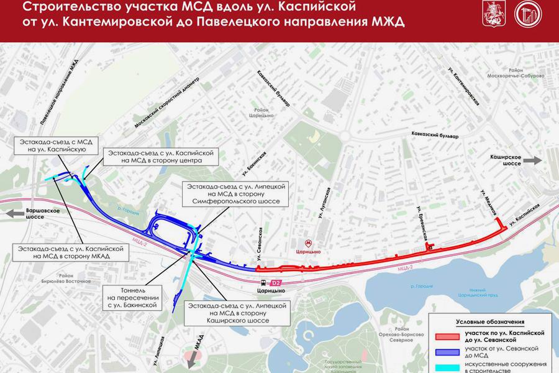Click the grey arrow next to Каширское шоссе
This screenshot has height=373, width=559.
coord(532,160)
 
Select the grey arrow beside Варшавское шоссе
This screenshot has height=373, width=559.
coord(13,214)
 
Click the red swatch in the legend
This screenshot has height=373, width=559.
coord(448,337)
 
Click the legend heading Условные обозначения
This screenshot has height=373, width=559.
coord(490,322)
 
